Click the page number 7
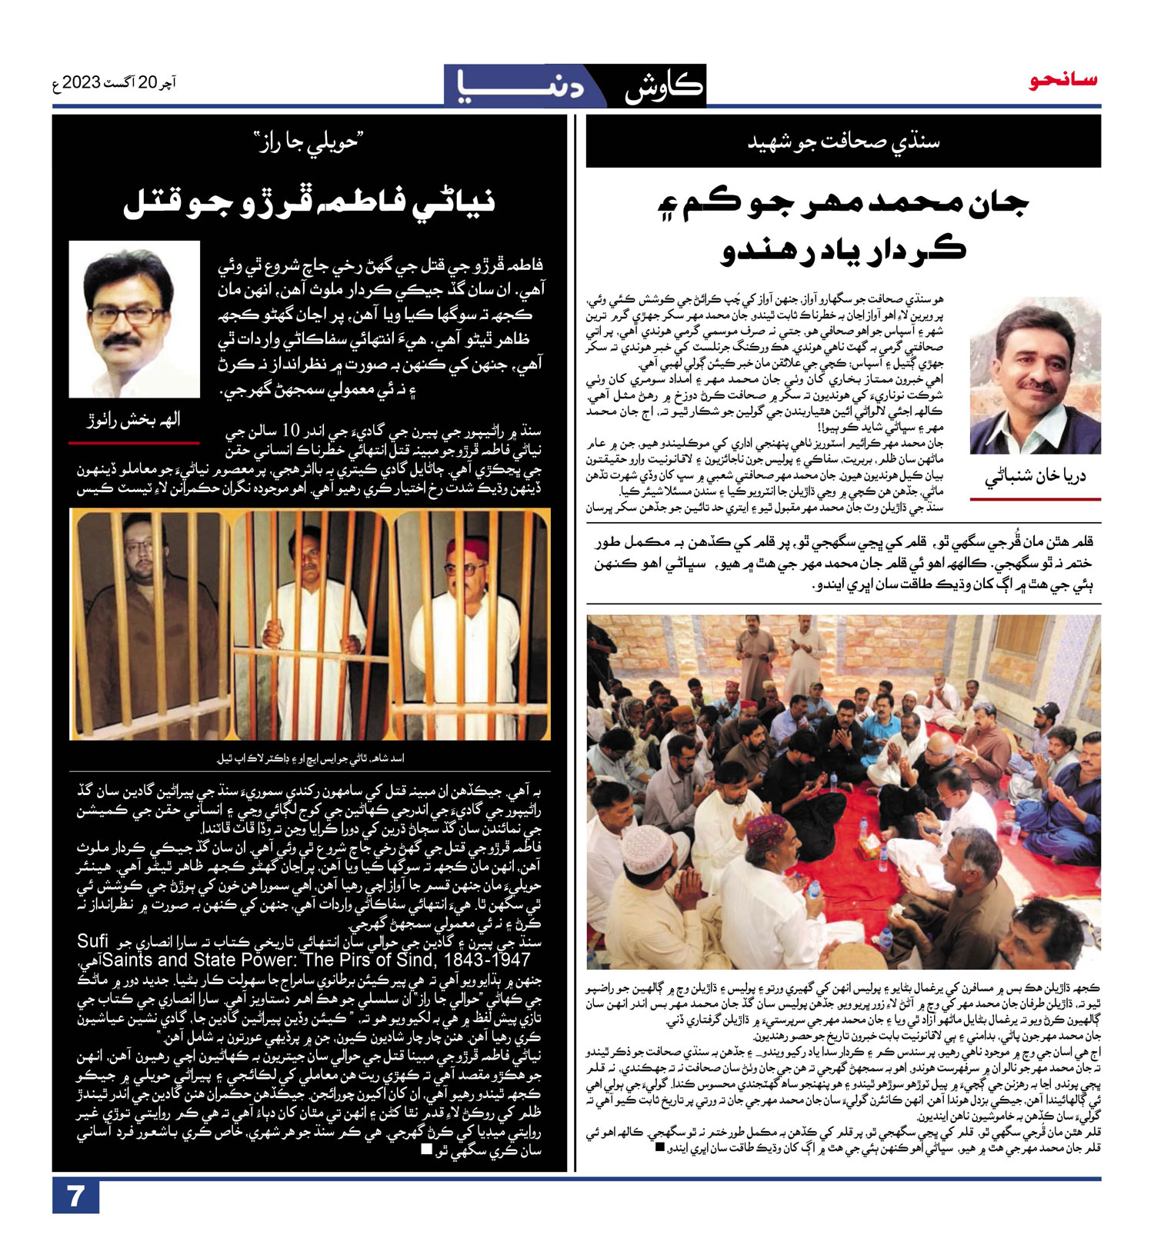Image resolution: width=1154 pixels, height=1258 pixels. (75, 1196)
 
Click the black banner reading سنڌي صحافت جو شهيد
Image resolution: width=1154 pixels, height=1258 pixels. (843, 141)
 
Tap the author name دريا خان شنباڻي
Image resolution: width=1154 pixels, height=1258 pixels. (1035, 478)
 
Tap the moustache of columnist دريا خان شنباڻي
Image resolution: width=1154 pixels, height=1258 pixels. (1038, 385)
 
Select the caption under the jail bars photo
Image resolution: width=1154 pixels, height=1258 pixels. (309, 758)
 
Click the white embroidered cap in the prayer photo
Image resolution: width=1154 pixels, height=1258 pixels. (648, 849)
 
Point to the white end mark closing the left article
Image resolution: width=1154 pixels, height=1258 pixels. (427, 1150)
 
